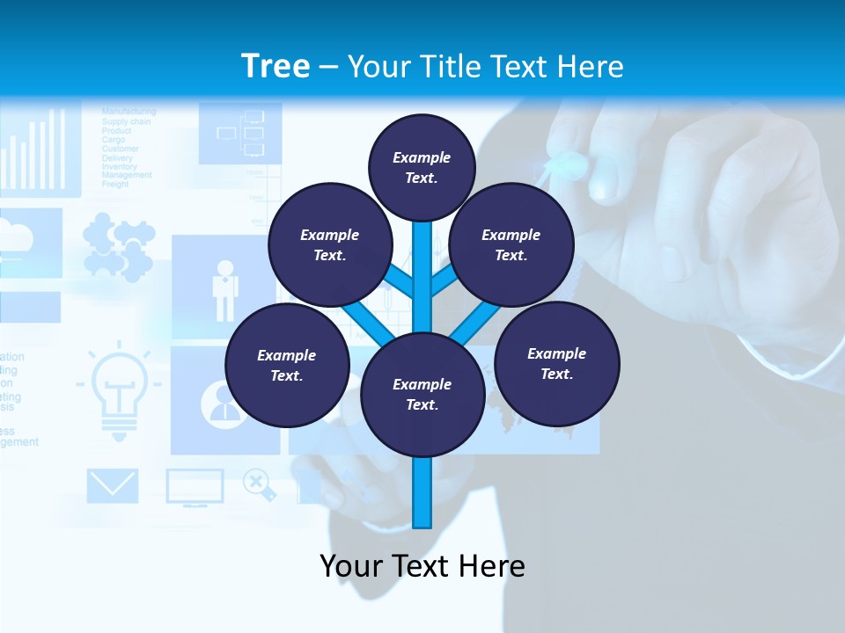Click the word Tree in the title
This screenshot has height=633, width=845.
point(276,66)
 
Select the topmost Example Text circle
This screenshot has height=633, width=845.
point(422,167)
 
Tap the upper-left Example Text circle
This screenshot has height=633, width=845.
point(330,244)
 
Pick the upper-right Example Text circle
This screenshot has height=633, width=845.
point(511,244)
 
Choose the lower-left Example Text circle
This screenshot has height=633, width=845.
point(287,365)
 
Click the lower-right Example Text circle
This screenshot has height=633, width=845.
point(557,363)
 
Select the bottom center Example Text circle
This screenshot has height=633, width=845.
point(422,395)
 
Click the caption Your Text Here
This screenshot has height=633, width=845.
point(422,566)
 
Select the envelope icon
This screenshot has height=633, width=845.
point(113,486)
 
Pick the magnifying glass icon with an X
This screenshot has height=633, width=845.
point(258,484)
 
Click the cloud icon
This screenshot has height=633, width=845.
point(18,236)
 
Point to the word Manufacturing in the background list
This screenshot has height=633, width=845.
point(129,112)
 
